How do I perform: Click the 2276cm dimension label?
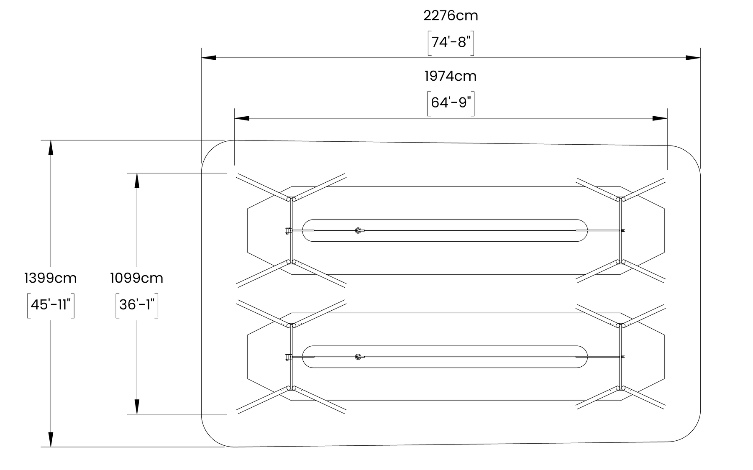pyautogui.click(x=451, y=16)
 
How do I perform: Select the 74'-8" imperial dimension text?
pyautogui.click(x=451, y=42)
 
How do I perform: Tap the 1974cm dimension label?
pyautogui.click(x=451, y=76)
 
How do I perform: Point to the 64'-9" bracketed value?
pyautogui.click(x=451, y=102)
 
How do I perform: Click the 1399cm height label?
pyautogui.click(x=51, y=278)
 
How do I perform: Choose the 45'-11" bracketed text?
pyautogui.click(x=51, y=305)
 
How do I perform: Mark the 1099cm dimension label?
pyautogui.click(x=137, y=278)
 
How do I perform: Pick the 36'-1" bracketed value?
pyautogui.click(x=137, y=305)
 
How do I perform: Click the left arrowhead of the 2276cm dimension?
pyautogui.click(x=209, y=57)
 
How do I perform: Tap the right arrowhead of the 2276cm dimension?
pyautogui.click(x=693, y=57)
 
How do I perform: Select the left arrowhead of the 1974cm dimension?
pyautogui.click(x=242, y=118)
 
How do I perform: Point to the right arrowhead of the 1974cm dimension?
pyautogui.click(x=660, y=118)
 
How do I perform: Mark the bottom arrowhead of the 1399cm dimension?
pyautogui.click(x=51, y=439)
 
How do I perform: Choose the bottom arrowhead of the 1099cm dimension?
pyautogui.click(x=137, y=407)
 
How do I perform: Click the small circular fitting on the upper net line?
pyautogui.click(x=358, y=230)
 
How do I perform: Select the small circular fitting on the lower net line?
pyautogui.click(x=358, y=357)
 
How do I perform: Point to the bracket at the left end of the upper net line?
pyautogui.click(x=287, y=230)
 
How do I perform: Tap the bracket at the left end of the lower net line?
pyautogui.click(x=287, y=357)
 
